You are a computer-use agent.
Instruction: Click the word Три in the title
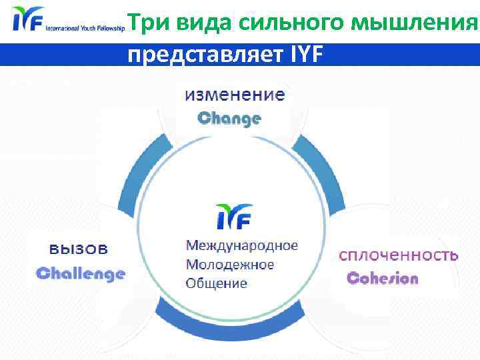tap(145, 23)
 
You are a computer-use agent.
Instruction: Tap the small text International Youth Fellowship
tap(85, 29)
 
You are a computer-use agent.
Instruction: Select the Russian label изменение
tap(235, 95)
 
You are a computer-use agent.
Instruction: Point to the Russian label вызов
tap(79, 249)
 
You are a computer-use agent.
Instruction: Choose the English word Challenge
tap(80, 273)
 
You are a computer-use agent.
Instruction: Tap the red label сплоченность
tap(399, 255)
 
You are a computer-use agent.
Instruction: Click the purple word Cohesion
tap(383, 279)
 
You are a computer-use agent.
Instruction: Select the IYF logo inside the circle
tap(234, 215)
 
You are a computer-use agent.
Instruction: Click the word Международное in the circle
tap(241, 245)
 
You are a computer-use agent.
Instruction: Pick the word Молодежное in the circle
tap(229, 264)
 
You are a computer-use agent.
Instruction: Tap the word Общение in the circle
tap(216, 283)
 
